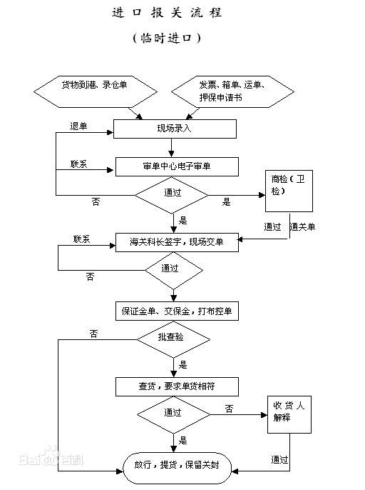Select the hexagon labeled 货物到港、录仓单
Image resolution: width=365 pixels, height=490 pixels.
click(94, 91)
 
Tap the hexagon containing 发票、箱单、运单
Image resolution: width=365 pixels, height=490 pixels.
click(232, 91)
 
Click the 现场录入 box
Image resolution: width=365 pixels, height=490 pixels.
click(175, 129)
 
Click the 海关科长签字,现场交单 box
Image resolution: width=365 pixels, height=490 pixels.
click(177, 242)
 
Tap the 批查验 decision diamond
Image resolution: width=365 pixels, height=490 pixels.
click(173, 337)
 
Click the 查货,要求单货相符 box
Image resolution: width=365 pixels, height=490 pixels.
click(177, 386)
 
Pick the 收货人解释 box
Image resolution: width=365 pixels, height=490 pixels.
click(289, 413)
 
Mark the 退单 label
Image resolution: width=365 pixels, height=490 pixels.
click(78, 126)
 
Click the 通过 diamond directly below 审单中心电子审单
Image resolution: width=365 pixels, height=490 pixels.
click(172, 194)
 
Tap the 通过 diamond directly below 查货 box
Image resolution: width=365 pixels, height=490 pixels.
click(172, 413)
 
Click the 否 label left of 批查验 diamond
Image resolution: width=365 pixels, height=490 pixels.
click(93, 334)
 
